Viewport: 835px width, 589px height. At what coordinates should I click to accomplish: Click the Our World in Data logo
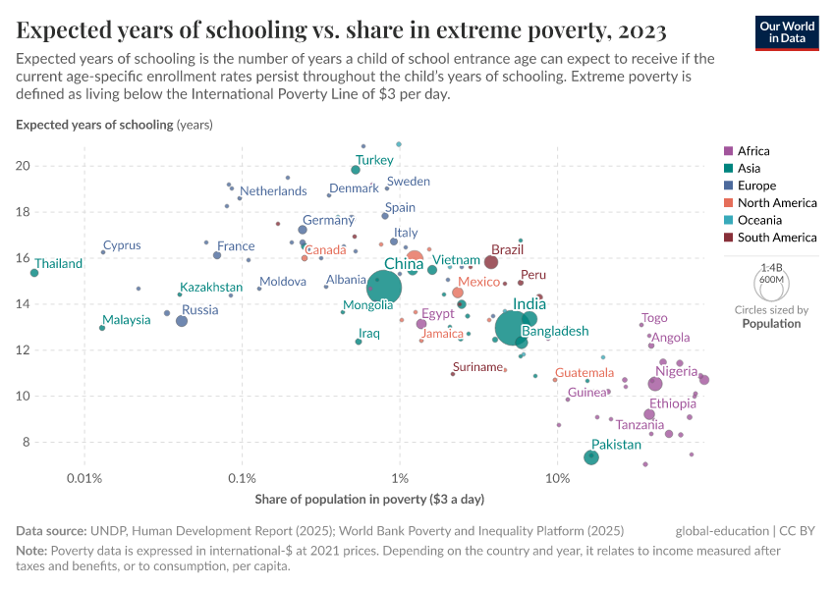point(787,31)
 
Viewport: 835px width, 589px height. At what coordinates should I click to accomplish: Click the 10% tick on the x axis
point(557,478)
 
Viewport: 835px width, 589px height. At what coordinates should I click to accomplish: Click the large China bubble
point(384,288)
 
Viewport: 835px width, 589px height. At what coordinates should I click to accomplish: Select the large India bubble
point(512,327)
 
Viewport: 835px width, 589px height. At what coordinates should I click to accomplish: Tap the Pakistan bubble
point(591,457)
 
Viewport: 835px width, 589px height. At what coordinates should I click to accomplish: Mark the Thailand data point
point(34,273)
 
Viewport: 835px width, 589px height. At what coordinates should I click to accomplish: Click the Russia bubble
point(182,321)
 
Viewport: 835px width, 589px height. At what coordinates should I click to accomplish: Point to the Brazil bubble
point(491,262)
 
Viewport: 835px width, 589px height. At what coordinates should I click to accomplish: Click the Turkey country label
point(374,160)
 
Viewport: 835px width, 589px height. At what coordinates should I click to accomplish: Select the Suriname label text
point(478,367)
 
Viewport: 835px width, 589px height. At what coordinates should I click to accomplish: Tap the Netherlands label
point(273,191)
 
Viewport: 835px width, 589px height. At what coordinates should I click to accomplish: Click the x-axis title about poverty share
point(369,500)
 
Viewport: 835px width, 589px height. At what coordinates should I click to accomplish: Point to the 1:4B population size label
point(771,266)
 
